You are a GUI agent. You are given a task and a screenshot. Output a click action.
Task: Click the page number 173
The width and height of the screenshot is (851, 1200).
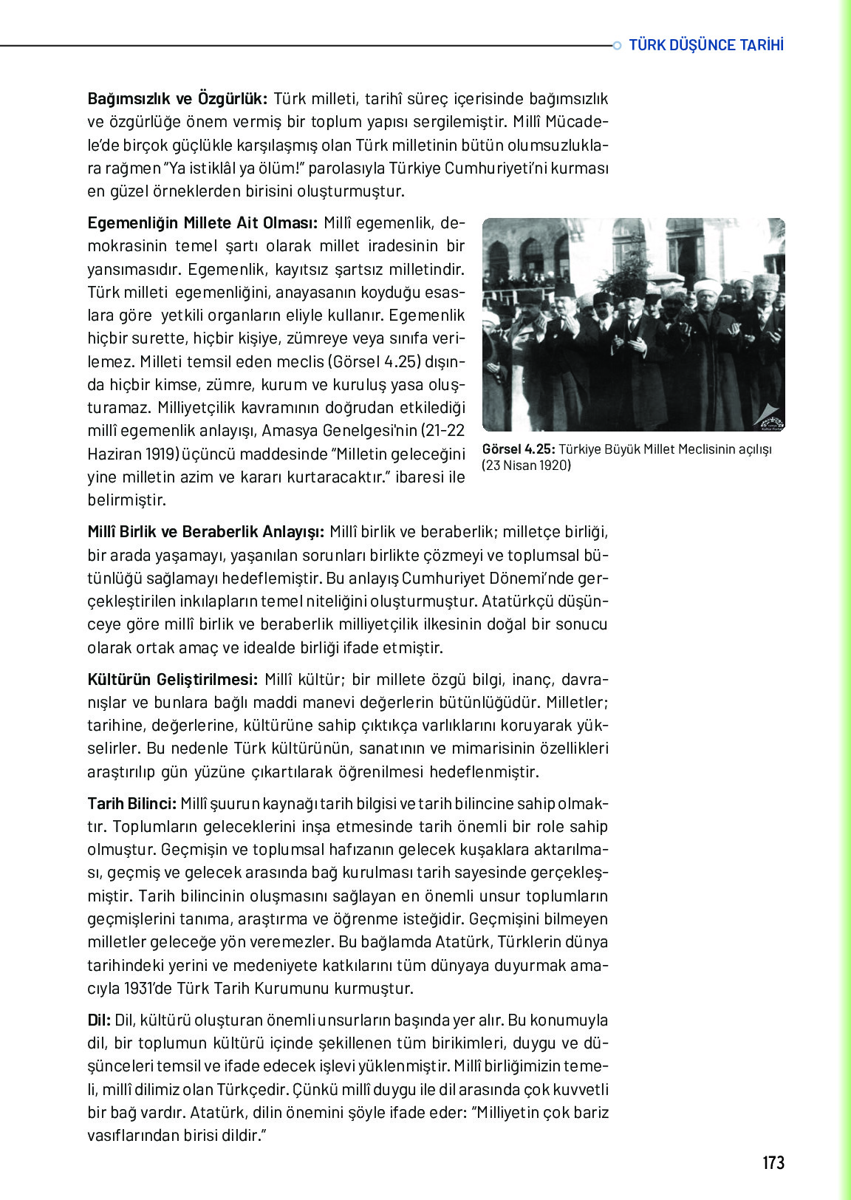pos(773,1163)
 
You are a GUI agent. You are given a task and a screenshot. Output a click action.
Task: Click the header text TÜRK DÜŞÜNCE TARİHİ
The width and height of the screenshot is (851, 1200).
pos(706,45)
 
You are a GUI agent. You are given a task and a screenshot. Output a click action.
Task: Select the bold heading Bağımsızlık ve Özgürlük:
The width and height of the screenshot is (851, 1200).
pos(177,99)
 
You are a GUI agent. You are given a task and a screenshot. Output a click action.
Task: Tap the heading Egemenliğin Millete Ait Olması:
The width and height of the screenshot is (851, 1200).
pos(202,223)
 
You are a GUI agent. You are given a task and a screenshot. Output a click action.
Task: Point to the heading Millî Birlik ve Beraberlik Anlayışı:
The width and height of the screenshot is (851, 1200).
pos(205,532)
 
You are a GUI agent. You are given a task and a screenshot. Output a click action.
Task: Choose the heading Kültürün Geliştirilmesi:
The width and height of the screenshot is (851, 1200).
pos(173,679)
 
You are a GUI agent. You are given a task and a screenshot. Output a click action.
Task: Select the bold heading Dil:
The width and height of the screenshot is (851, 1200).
pos(99,1020)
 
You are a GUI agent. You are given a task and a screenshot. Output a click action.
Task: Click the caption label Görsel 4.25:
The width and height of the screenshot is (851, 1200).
pos(518,449)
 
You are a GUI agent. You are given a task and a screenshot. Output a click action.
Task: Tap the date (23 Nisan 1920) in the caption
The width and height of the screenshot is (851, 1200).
pos(527,466)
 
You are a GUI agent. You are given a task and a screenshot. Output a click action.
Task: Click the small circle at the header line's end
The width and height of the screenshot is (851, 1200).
pos(618,46)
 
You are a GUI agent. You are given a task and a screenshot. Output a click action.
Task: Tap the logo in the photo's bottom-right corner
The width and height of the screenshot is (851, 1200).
pos(769,416)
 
